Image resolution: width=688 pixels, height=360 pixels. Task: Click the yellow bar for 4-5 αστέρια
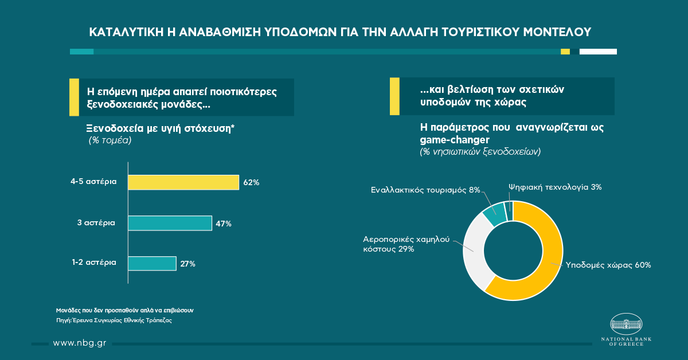coord(183,182)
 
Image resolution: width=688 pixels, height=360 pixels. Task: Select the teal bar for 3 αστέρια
coord(170,223)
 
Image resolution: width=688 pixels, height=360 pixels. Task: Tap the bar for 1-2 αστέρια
coord(151,264)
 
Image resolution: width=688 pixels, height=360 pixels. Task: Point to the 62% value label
coord(252,183)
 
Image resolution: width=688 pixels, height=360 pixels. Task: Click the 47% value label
coord(224,224)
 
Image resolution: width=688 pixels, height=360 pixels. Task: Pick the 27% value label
coord(187,264)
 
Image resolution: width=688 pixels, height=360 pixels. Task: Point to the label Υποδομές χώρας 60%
coord(608,265)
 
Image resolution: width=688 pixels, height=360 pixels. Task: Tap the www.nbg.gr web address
coord(79,343)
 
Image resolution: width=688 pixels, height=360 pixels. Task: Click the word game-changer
coord(451,139)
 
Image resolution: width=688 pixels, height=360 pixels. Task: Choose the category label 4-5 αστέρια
coord(93,182)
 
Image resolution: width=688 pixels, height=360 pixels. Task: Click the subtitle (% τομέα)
coord(110,140)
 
